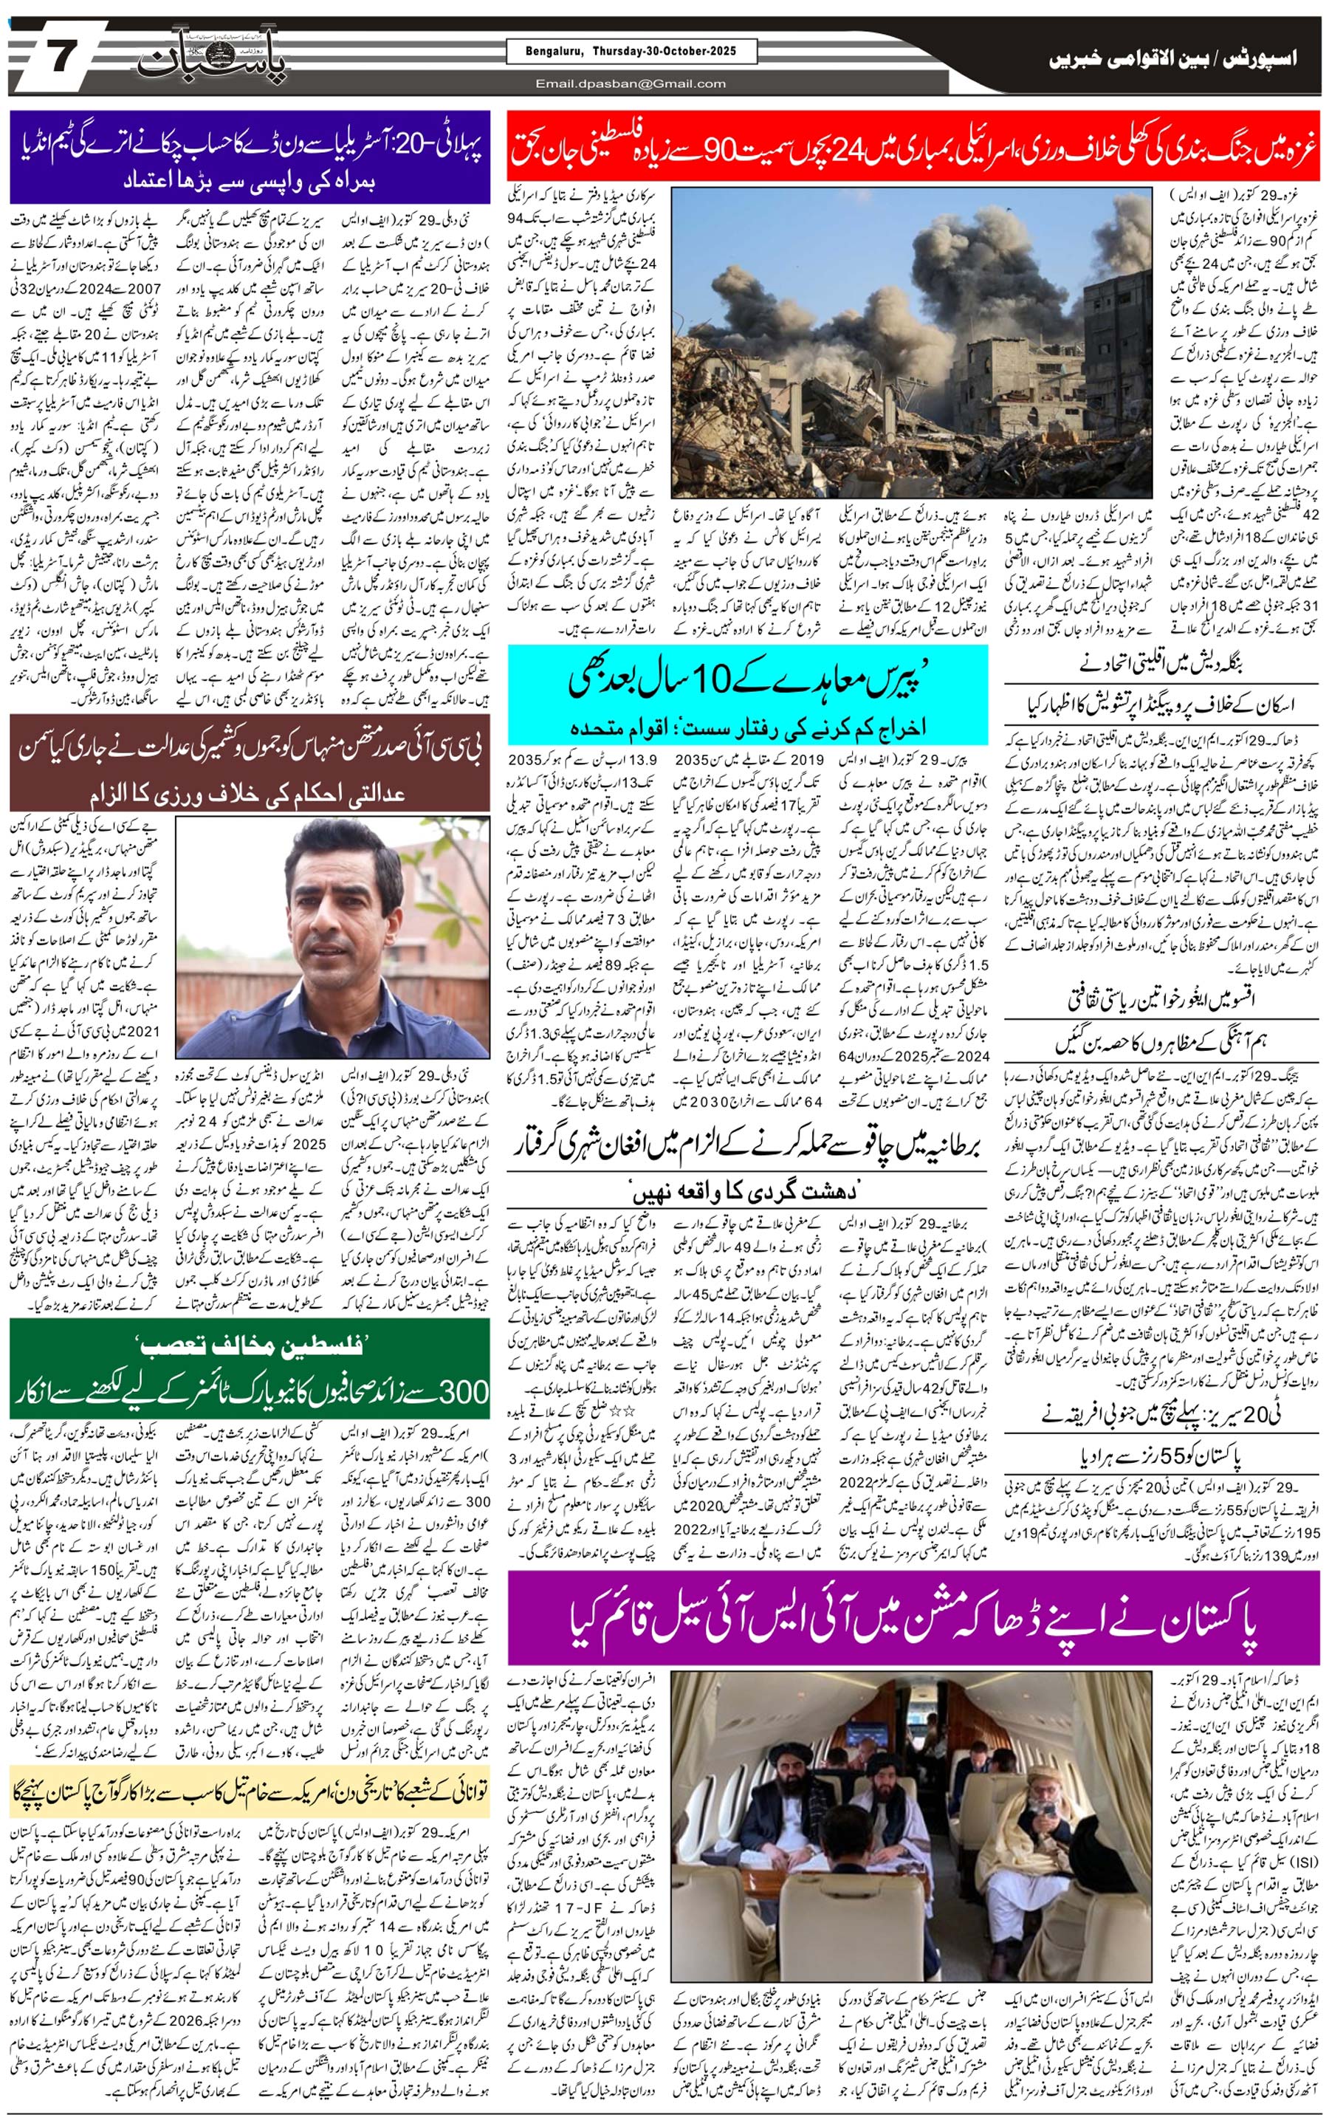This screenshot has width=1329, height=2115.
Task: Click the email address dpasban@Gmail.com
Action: coord(631,83)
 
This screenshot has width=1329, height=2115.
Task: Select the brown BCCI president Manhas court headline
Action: coord(250,761)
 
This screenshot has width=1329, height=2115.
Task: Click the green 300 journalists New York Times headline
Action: coord(250,1374)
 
